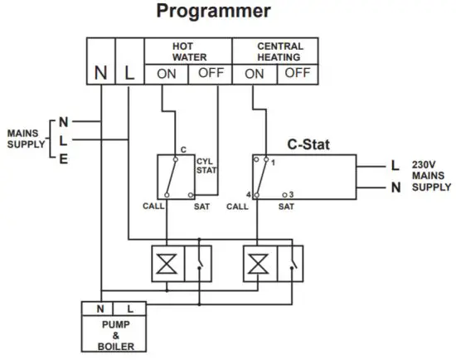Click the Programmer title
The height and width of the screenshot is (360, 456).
214,12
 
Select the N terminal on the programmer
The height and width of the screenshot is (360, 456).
100,72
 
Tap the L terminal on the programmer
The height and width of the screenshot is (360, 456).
129,72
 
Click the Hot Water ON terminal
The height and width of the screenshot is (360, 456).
167,73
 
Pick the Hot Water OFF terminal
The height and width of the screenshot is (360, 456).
211,73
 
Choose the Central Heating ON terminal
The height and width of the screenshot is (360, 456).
255,73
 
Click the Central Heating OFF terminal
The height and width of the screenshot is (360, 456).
298,73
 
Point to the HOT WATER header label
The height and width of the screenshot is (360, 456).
189,51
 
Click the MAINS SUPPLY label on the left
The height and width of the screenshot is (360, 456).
27,138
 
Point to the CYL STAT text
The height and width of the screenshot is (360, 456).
206,165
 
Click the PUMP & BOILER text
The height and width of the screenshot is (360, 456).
115,334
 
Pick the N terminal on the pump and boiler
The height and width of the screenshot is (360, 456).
99,309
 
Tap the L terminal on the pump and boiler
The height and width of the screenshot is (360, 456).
129,309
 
